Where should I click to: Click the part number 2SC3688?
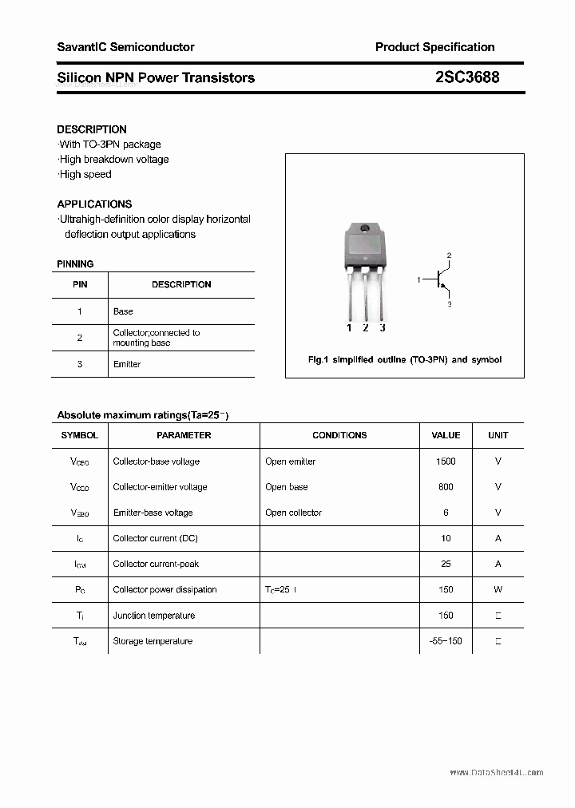click(468, 77)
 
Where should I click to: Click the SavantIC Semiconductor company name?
click(125, 47)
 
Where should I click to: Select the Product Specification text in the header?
click(434, 47)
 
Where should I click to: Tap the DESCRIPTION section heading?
click(92, 129)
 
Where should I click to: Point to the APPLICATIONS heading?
click(94, 204)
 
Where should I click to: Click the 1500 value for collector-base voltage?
click(446, 461)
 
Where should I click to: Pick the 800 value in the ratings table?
click(446, 487)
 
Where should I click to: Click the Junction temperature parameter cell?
click(153, 616)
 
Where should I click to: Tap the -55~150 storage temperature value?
click(446, 641)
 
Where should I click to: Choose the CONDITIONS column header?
click(339, 435)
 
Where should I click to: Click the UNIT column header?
click(498, 435)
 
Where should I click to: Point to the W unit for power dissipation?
click(498, 590)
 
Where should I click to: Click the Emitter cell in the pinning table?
click(127, 364)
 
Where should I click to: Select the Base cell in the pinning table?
click(123, 311)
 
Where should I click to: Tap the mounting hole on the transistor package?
click(365, 229)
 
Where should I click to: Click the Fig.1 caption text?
click(405, 360)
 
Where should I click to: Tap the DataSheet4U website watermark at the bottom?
click(496, 772)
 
